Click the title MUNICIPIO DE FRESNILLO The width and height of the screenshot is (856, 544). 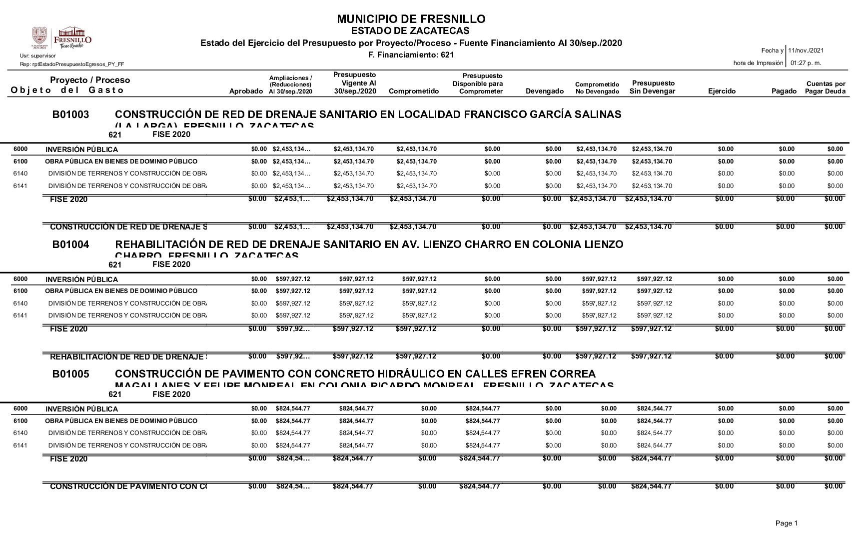tap(411, 19)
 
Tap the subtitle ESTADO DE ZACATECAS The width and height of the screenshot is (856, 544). tap(411, 31)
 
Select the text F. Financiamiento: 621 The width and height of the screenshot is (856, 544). tap(411, 54)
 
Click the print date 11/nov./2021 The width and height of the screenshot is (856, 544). tap(806, 50)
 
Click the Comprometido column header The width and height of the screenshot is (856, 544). tap(413, 91)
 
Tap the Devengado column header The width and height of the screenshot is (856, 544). tap(545, 91)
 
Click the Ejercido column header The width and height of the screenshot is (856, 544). tap(722, 91)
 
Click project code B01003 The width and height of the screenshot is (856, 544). tap(71, 114)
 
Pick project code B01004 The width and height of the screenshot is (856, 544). tap(71, 244)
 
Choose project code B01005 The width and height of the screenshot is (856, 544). tap(71, 374)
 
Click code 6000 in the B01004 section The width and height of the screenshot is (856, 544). tap(20, 279)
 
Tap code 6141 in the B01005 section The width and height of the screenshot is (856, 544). tap(20, 445)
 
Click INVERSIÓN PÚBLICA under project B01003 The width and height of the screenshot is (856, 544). tap(81, 149)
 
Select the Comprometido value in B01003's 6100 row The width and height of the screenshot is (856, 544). tap(416, 161)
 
